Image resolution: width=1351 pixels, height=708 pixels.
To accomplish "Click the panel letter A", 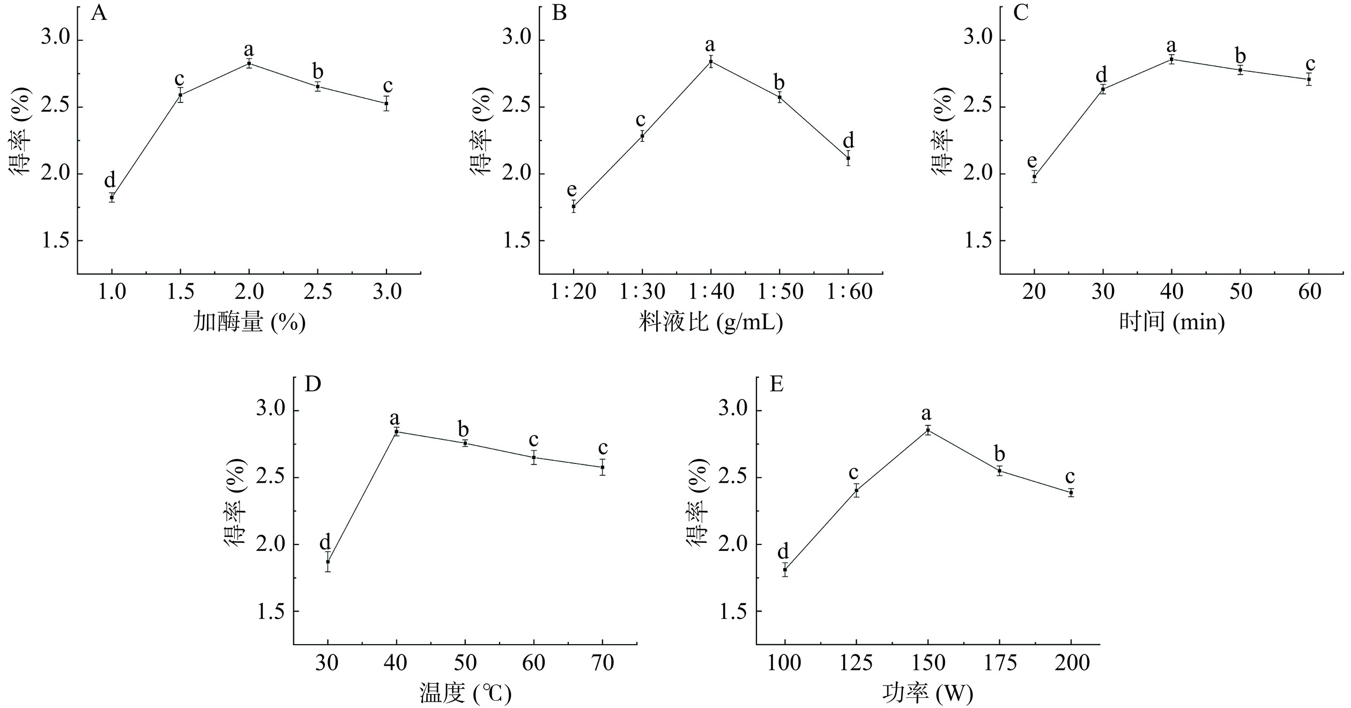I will (99, 13).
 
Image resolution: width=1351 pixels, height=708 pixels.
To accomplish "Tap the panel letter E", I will (776, 384).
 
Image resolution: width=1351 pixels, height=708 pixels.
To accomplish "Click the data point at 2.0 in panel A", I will (249, 63).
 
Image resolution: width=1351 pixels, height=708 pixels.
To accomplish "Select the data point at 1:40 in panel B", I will (711, 61).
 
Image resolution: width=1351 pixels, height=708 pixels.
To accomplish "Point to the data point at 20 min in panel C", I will (1034, 176).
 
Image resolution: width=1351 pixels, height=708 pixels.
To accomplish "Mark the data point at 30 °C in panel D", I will (328, 562).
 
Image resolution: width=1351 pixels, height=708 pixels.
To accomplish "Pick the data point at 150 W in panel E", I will (928, 430).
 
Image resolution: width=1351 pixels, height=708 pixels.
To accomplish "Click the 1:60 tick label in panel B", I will (849, 292).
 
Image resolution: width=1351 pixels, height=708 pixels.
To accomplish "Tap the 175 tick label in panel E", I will (1000, 663).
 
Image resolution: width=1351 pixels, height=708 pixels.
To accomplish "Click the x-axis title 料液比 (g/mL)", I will (711, 322).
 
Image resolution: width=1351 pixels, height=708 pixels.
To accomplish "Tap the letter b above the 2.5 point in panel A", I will (318, 71).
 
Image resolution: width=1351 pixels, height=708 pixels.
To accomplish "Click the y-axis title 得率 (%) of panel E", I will (698, 502).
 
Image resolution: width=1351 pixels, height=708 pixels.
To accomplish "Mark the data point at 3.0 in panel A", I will (387, 103).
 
